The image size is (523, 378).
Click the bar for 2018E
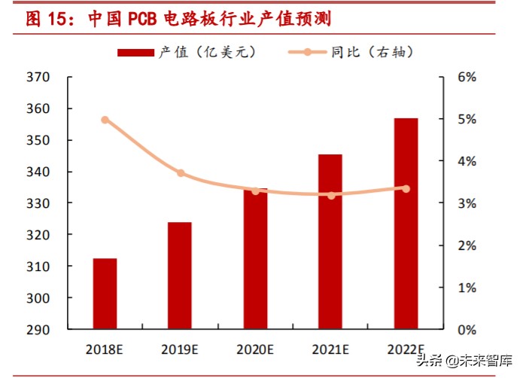pyautogui.click(x=105, y=294)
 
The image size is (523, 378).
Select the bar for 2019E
pyautogui.click(x=180, y=276)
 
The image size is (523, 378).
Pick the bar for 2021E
pyautogui.click(x=330, y=242)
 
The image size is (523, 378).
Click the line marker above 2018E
pyautogui.click(x=105, y=120)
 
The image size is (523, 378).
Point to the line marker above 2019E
pyautogui.click(x=181, y=173)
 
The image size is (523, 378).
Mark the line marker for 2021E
pyautogui.click(x=330, y=196)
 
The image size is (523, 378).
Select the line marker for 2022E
pyautogui.click(x=406, y=188)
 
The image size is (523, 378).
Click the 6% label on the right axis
pyautogui.click(x=467, y=77)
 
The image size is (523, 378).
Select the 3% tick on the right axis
pyautogui.click(x=467, y=203)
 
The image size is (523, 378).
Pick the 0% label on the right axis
pyautogui.click(x=467, y=330)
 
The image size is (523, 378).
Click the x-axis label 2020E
pyautogui.click(x=255, y=349)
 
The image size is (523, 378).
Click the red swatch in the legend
pyautogui.click(x=135, y=52)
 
